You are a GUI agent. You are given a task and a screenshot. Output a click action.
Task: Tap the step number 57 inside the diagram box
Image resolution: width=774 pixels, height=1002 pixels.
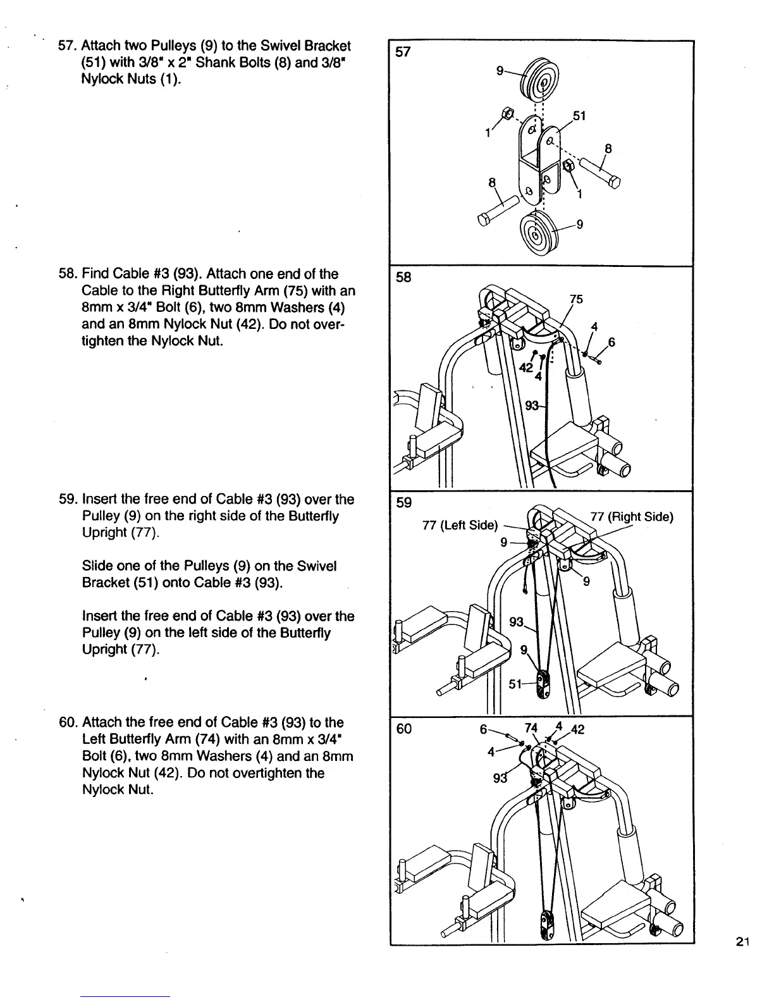click(403, 52)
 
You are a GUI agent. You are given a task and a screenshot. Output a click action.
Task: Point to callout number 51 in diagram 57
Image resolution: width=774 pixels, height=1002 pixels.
click(579, 116)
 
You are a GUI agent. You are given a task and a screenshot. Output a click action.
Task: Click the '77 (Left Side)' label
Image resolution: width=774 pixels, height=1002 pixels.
click(460, 525)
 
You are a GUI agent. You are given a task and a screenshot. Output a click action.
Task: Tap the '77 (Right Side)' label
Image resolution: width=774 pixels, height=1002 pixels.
click(631, 517)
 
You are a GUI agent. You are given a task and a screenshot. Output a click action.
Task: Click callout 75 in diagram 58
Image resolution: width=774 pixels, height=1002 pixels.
click(575, 299)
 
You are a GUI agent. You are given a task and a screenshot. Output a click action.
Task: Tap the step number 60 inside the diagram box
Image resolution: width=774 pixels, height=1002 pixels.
click(403, 729)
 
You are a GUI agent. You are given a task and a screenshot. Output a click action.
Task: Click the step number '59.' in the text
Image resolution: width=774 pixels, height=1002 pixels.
click(68, 499)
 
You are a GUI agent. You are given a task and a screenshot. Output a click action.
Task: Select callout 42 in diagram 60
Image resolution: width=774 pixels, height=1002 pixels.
click(578, 729)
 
